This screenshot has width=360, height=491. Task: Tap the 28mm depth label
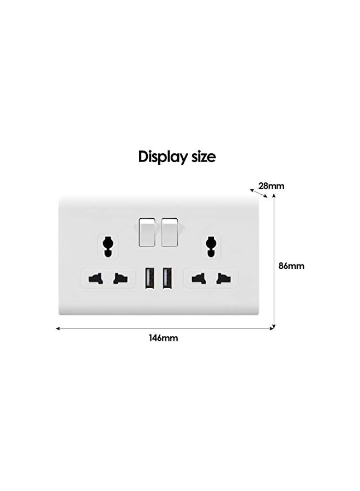pos(272,186)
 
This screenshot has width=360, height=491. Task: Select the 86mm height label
pos(291,266)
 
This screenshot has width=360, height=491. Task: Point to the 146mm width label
pos(164,338)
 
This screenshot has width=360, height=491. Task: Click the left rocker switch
pos(147,231)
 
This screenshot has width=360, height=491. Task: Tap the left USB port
pos(149,278)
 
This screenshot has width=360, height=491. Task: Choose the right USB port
pos(167,278)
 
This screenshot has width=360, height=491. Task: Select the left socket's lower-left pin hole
pos(95,279)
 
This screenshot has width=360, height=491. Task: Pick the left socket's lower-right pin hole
pos(120,279)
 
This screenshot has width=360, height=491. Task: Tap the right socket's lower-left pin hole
pos(197,279)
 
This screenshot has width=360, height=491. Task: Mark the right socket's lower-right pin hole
pos(222,279)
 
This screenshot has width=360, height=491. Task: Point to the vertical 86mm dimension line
pos(274,262)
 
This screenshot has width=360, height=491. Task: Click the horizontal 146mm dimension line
pos(164,328)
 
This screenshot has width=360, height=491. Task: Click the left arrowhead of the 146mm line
pos(58,328)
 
